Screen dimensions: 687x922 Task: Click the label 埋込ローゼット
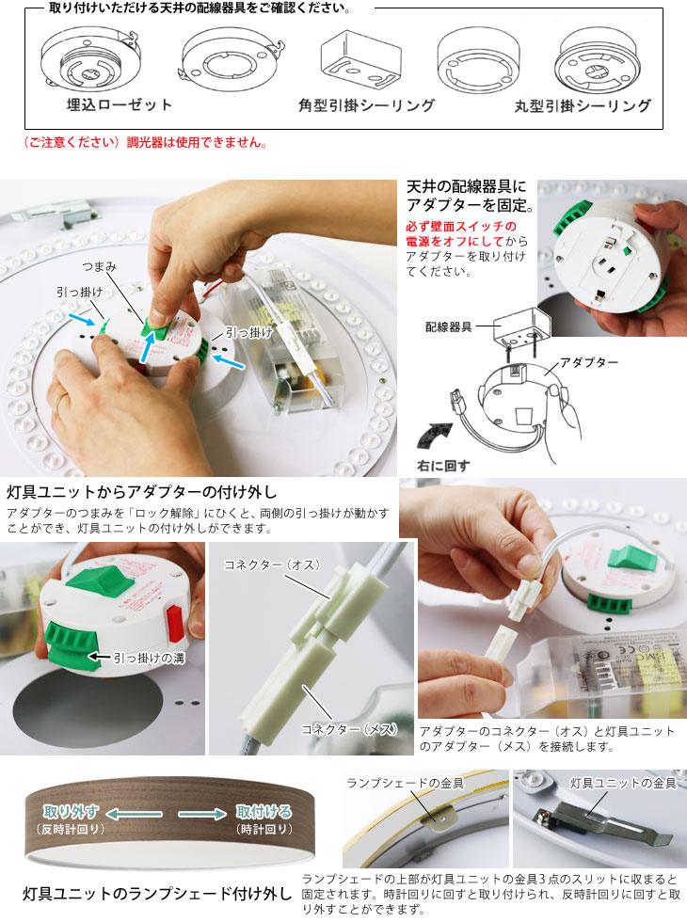coord(120,105)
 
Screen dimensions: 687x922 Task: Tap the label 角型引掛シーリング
coord(366,105)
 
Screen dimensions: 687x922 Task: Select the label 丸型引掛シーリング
coord(583,105)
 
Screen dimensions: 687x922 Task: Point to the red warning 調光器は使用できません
coord(197,142)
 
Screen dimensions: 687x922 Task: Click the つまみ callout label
coord(99,266)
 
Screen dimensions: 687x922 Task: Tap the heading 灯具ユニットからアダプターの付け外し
coord(142,491)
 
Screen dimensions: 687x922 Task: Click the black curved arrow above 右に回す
coord(434,435)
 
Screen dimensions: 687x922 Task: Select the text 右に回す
coord(443,466)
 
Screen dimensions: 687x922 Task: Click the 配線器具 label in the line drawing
coord(449,327)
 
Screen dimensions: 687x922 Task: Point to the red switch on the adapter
coord(175,622)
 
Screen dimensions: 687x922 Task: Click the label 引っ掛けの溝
coord(150,658)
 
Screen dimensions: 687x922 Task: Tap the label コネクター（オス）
coord(272,564)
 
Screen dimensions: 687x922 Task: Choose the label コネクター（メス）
coord(349,729)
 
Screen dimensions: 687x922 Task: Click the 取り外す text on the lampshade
coord(71,812)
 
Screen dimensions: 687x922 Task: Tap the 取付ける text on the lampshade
coord(264,812)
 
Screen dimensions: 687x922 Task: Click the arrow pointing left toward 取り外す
coord(135,814)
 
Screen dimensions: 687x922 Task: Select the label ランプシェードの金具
coord(406,783)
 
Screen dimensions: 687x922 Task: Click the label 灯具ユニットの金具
coord(623,783)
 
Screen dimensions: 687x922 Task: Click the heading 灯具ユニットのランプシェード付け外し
coord(158,894)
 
